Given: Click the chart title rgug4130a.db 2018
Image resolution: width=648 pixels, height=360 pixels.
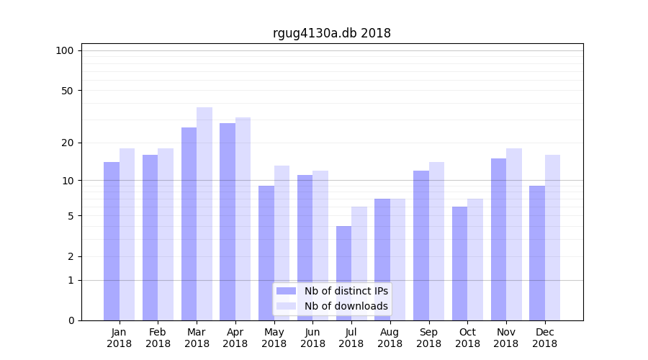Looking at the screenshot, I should tap(331, 33).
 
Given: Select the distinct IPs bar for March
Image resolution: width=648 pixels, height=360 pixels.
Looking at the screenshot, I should tap(189, 224).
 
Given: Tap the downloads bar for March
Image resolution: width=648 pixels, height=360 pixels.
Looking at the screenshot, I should tap(204, 214).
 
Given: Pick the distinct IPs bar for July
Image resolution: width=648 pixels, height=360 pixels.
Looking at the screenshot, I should tap(343, 273).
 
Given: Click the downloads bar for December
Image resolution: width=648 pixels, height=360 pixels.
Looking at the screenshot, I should tap(552, 238).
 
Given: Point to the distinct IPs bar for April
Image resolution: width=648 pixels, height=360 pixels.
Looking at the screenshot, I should tap(228, 222).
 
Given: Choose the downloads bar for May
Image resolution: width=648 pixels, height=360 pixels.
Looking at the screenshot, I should tap(282, 243).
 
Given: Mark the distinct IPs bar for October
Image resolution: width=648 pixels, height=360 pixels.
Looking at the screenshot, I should tap(459, 264).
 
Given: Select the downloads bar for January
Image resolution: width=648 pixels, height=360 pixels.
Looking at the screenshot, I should tap(127, 234).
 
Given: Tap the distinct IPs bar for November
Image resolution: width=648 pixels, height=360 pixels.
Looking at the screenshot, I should tap(498, 239).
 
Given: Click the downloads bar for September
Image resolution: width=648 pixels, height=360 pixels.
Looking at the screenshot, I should tap(436, 241).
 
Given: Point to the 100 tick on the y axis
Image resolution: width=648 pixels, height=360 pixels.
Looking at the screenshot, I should tap(65, 50).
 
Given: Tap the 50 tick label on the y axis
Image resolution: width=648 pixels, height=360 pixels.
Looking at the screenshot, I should tap(67, 91).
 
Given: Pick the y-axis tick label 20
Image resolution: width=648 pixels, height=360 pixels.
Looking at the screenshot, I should tap(67, 143).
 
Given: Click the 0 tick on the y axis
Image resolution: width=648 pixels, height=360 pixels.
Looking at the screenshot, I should tap(71, 320).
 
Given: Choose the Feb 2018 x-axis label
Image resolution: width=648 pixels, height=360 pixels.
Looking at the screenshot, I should tap(158, 338).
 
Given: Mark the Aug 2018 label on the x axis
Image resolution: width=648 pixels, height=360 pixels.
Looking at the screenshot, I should tap(390, 338).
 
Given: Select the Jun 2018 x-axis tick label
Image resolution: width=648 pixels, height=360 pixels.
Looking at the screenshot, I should tap(312, 338).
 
